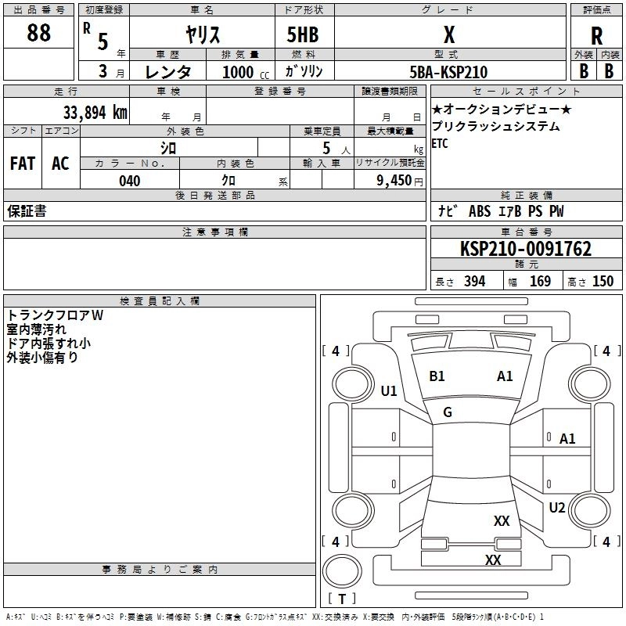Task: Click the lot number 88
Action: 38,32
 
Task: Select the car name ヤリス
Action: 203,34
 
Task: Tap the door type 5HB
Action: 303,34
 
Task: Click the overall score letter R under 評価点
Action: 596,36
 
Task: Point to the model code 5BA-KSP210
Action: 448,72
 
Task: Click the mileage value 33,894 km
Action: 95,113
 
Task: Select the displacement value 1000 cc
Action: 246,72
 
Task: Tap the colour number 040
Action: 130,181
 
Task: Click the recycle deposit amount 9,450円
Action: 400,181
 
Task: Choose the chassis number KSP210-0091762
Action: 526,249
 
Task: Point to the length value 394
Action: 475,282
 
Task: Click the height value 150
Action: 603,282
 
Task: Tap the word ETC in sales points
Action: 440,143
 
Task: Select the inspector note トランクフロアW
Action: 55,315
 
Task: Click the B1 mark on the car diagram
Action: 437,376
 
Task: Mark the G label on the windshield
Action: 448,412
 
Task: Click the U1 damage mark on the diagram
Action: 389,390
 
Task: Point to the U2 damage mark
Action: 557,508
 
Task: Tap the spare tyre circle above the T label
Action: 342,571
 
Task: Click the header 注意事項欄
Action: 215,232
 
